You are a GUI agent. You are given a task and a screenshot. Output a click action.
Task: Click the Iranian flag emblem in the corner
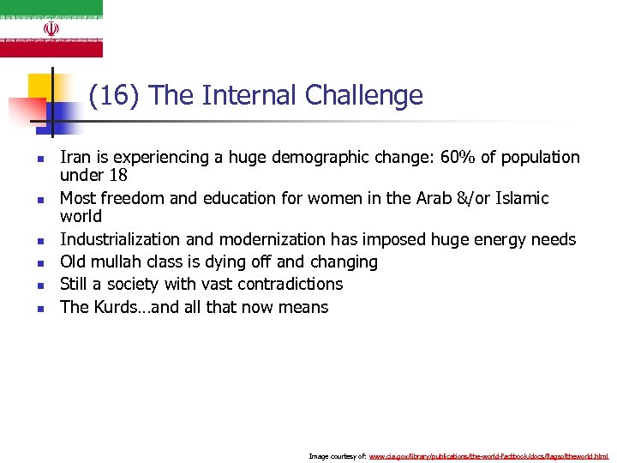pos(51,28)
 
